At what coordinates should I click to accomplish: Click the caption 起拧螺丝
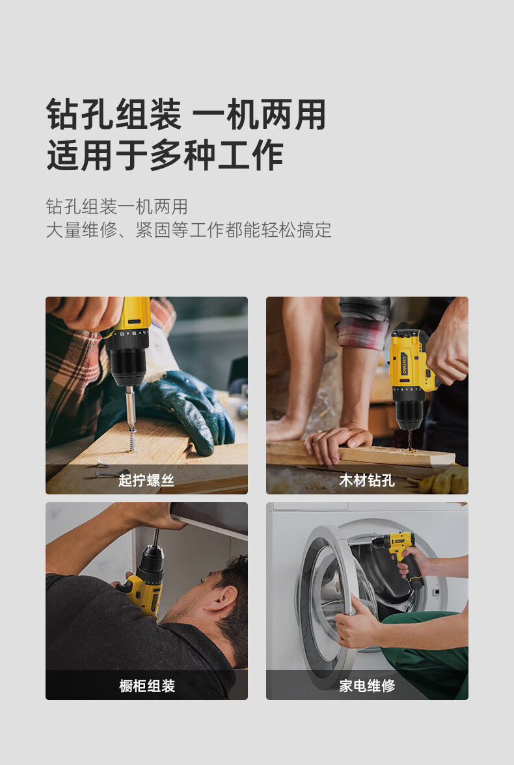click(x=146, y=481)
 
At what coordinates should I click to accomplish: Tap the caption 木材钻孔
click(x=367, y=481)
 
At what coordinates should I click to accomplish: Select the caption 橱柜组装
click(x=146, y=686)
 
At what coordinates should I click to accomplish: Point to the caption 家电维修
click(x=367, y=686)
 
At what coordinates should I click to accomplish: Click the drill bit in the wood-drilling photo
click(x=410, y=438)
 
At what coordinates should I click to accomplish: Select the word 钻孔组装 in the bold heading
click(x=113, y=115)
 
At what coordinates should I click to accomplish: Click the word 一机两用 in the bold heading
click(x=260, y=115)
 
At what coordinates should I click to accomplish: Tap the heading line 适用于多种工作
click(x=165, y=156)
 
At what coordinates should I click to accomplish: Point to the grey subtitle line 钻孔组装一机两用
click(x=116, y=207)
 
